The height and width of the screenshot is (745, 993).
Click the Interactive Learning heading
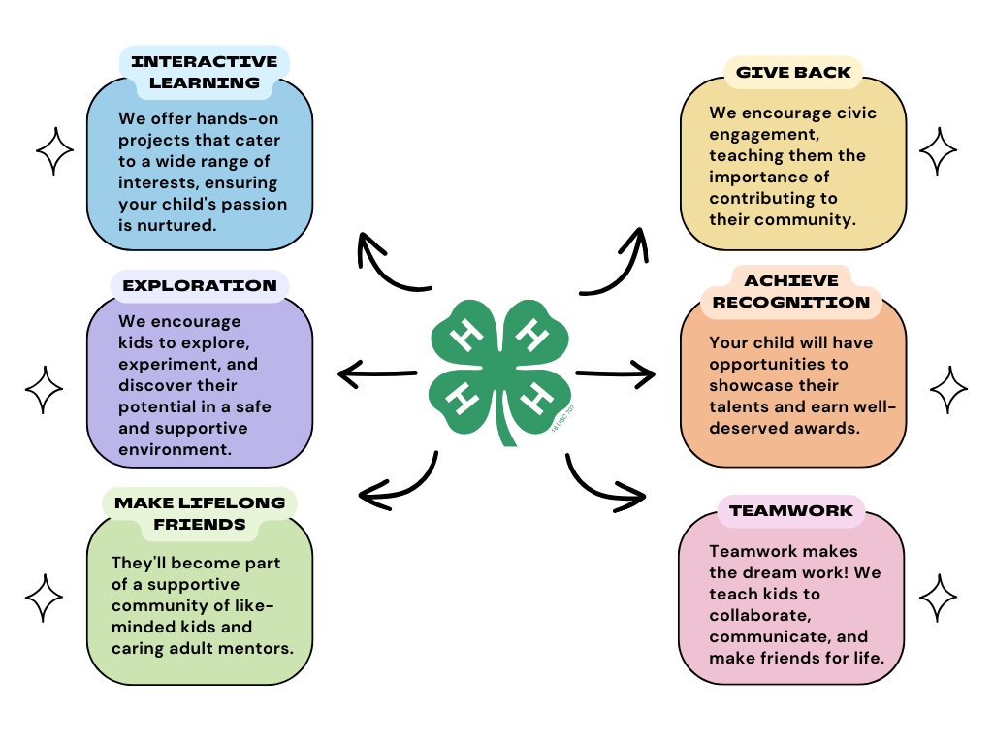(204, 72)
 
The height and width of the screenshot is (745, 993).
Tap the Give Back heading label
(793, 72)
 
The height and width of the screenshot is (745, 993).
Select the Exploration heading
(200, 286)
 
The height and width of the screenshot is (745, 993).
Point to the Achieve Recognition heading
(791, 291)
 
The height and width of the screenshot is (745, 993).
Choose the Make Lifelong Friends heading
(200, 513)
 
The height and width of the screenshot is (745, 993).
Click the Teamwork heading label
(791, 510)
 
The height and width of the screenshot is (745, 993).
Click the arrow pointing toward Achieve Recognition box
(615, 371)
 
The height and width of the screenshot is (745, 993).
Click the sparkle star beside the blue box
(55, 151)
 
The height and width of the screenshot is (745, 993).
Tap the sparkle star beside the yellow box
(938, 151)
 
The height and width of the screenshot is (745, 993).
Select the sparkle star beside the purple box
(44, 390)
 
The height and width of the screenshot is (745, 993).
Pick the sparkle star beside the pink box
(938, 597)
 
